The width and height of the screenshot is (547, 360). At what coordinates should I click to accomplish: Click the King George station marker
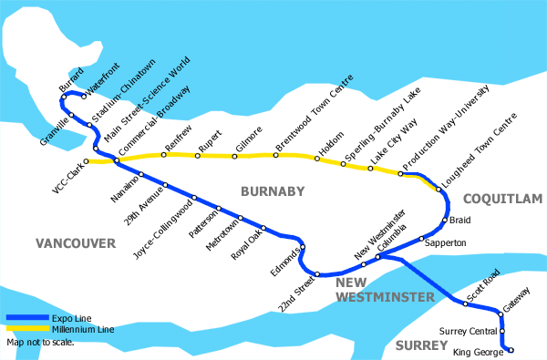coord(510,350)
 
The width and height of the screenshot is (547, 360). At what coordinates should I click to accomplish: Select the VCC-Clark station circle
coord(87,161)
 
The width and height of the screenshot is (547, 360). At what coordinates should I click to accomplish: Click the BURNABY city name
coord(270,191)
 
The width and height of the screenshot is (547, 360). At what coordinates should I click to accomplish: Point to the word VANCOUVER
coord(76,243)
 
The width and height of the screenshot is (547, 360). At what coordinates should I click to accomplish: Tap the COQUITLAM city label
coord(502,198)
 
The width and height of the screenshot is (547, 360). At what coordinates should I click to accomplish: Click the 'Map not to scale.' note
coord(40,343)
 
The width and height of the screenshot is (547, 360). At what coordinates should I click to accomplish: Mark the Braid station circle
coord(444,220)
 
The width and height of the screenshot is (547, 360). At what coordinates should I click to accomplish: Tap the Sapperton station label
coord(447,243)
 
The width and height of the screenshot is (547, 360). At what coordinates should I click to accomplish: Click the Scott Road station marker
coord(465,304)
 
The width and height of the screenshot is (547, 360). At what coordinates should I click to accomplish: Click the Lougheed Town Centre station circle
coord(438,190)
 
